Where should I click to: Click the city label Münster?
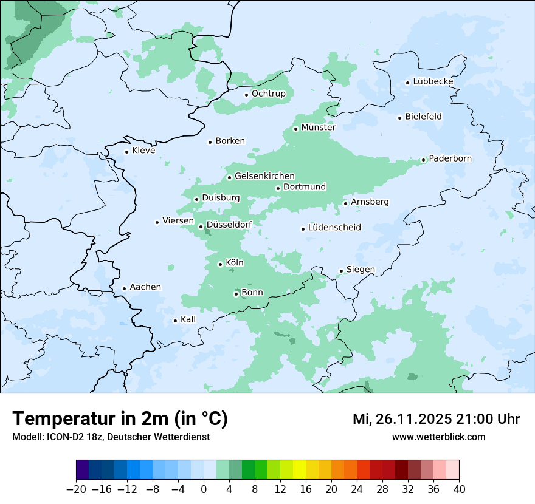318,128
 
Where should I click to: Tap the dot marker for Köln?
221,264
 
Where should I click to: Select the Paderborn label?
450,158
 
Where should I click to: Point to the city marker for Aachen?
124,289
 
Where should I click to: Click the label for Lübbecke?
433,81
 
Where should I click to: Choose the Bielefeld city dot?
400,118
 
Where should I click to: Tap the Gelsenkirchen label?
264,176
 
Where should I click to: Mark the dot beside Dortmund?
278,188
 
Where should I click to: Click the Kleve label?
143,151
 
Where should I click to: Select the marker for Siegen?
342,271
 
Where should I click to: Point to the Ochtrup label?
268,94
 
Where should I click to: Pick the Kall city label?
188,319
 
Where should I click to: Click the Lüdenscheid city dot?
303,229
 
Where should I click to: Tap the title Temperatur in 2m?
120,419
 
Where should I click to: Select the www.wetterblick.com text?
438,437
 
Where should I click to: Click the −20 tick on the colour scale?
76,489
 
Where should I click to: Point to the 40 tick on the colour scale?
459,489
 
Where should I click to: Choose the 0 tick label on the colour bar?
204,489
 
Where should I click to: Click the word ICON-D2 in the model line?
60,437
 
